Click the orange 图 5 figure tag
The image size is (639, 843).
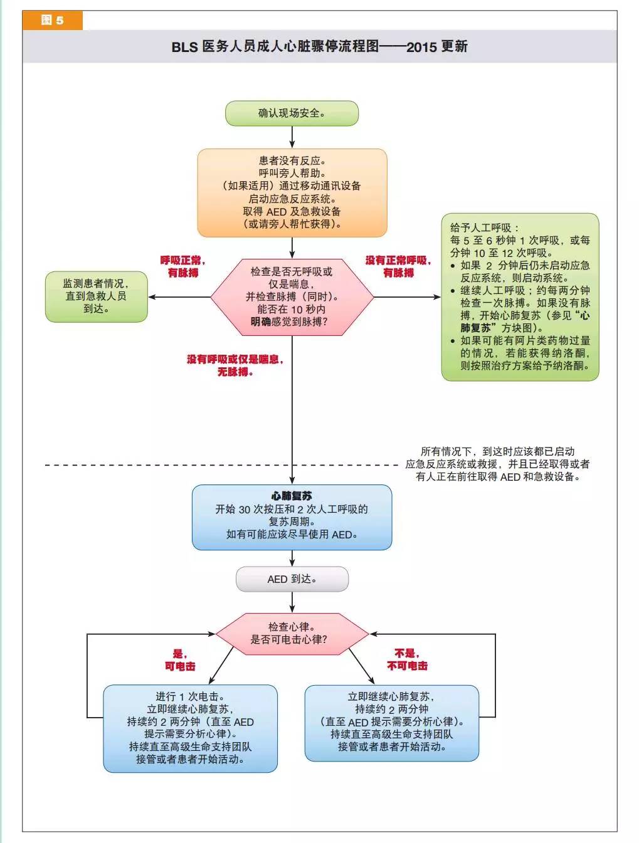[52, 20]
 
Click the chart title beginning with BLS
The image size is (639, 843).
[319, 47]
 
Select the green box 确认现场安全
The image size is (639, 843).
[292, 113]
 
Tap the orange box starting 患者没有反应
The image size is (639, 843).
[292, 193]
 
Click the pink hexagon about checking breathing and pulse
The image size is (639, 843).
[292, 297]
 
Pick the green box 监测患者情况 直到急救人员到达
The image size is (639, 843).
[97, 296]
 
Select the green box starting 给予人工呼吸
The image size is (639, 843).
[520, 297]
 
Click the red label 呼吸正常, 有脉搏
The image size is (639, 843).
[183, 266]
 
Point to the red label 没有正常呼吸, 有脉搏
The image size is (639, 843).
[398, 266]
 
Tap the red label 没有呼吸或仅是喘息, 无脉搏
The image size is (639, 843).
[235, 365]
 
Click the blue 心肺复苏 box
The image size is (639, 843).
[292, 517]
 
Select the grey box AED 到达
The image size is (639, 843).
[292, 579]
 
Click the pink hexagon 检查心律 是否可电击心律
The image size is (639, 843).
[292, 634]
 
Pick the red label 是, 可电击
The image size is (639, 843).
[180, 660]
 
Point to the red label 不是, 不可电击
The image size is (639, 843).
[407, 660]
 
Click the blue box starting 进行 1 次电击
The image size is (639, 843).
[190, 728]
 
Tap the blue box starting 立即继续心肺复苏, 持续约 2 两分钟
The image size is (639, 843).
[391, 723]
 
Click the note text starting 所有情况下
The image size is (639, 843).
[498, 464]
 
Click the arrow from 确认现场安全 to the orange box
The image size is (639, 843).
[292, 137]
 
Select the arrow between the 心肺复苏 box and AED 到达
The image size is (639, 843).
[292, 558]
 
